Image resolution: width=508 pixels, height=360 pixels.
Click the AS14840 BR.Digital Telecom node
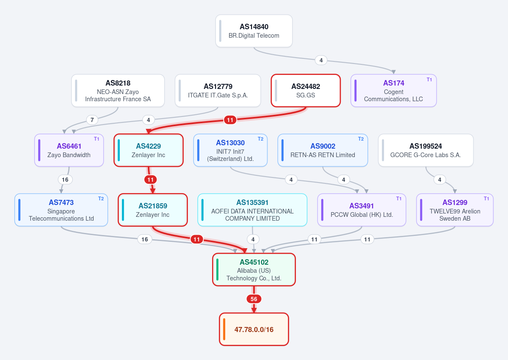(254, 31)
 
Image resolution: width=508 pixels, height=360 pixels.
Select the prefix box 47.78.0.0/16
(254, 329)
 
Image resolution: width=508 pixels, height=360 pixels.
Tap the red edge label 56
(254, 299)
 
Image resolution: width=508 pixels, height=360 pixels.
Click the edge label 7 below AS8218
(92, 120)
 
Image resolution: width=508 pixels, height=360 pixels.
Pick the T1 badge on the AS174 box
(429, 80)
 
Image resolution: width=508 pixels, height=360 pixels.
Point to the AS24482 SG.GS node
(306, 91)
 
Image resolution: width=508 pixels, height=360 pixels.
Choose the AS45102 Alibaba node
(254, 269)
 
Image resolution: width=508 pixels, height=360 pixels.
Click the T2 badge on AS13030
(261, 139)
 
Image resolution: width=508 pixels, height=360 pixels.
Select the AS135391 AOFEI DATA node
(252, 210)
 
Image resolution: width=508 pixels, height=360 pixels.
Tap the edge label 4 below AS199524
(439, 180)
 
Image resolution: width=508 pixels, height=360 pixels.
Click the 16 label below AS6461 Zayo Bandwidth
(65, 180)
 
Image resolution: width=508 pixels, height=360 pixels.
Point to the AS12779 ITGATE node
(218, 91)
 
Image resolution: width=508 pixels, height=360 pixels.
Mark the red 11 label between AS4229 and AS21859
(150, 180)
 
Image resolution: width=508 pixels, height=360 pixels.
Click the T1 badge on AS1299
(486, 199)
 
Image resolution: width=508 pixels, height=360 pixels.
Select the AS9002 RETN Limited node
(323, 150)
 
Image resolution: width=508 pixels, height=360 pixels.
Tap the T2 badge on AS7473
(101, 199)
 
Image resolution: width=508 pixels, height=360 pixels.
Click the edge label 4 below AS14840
(321, 60)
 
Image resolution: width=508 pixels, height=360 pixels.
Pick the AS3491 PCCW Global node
(362, 210)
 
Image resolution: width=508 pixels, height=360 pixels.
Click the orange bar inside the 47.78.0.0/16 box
(224, 329)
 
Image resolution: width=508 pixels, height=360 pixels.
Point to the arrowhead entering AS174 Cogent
(393, 72)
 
